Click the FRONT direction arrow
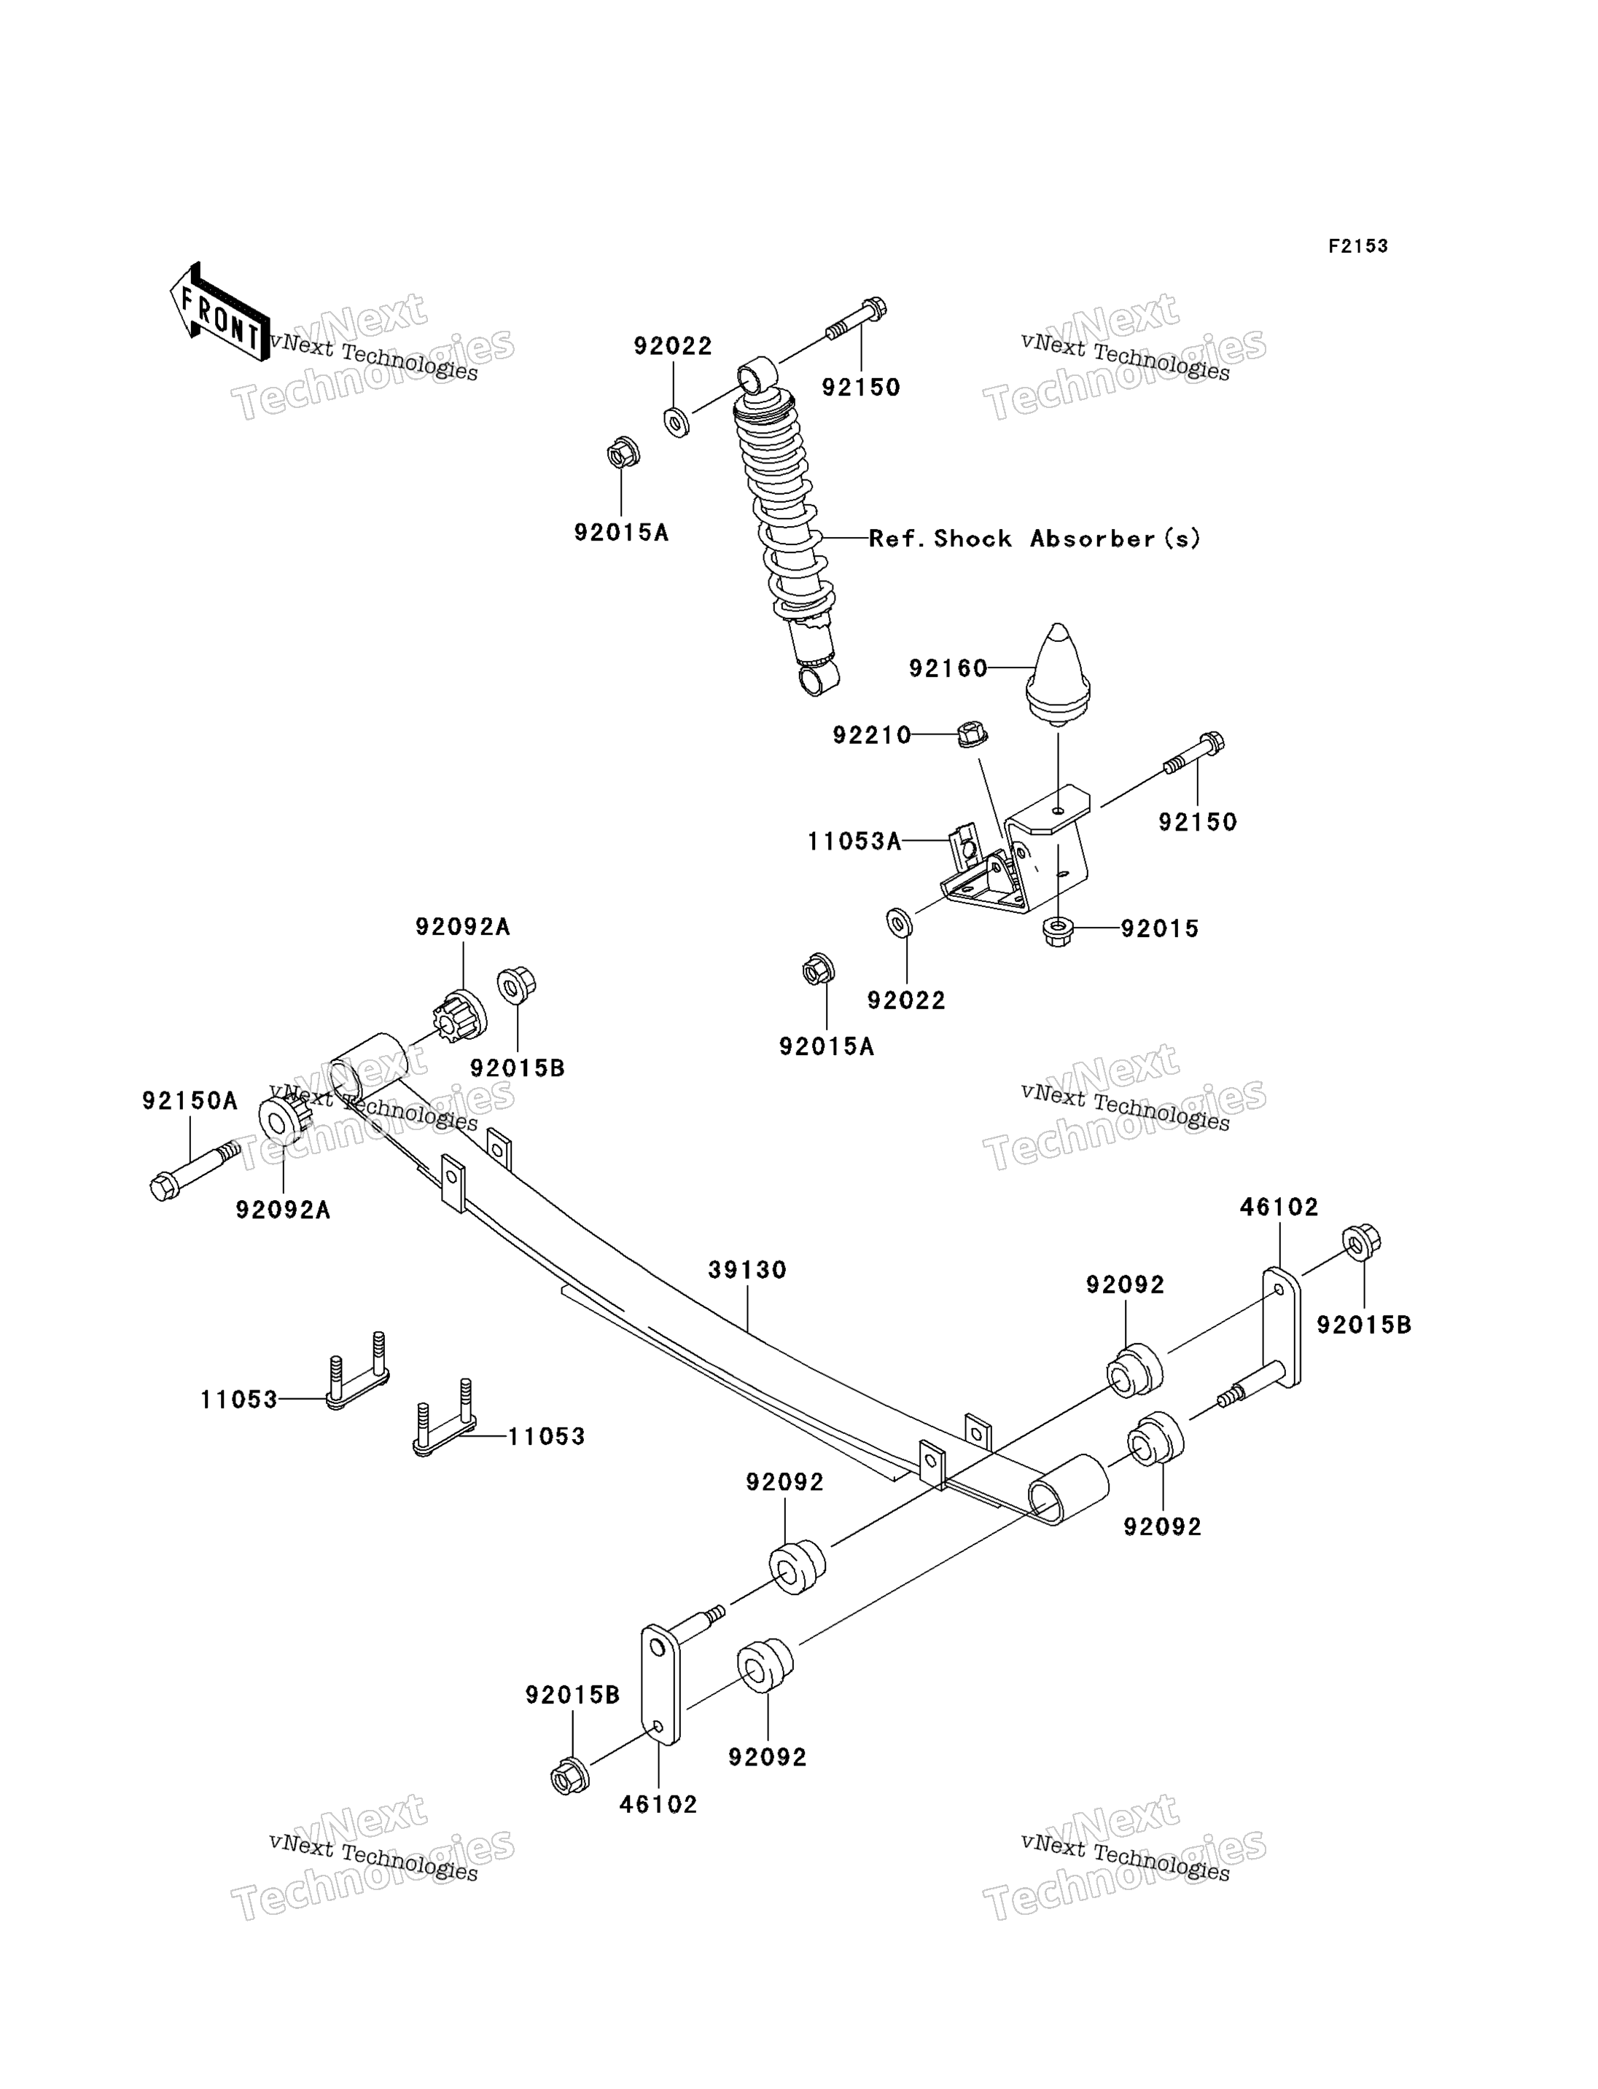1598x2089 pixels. click(219, 313)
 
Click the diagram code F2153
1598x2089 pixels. click(1357, 246)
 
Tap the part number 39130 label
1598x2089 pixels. click(748, 1269)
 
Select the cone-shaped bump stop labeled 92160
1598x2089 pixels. click(1058, 673)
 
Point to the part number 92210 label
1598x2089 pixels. click(871, 735)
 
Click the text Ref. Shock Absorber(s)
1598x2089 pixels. click(1035, 538)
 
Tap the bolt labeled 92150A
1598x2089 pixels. click(194, 1170)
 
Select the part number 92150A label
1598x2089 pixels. click(190, 1100)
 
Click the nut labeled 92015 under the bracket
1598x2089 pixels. click(1057, 931)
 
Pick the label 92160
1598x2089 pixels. click(948, 668)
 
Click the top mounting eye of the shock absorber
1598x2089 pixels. click(757, 374)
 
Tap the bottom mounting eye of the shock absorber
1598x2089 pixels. click(818, 679)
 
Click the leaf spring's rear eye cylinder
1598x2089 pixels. click(1068, 1489)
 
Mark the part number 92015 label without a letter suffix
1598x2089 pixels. click(1160, 929)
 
